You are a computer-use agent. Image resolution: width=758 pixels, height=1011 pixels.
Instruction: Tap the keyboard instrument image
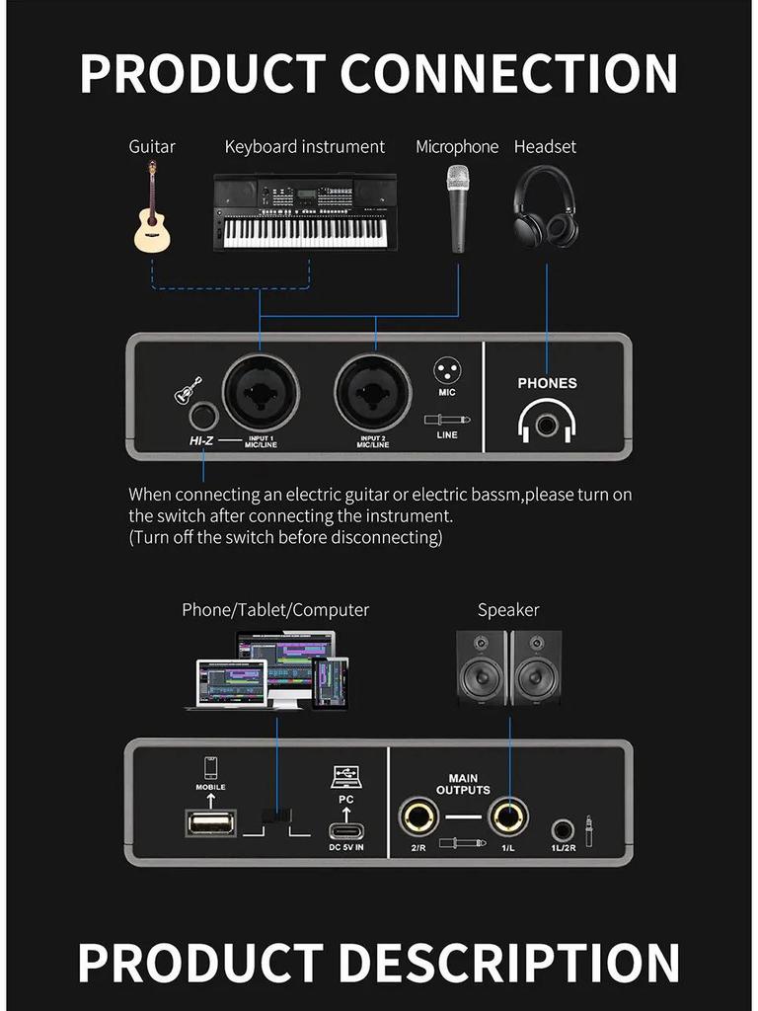point(305,212)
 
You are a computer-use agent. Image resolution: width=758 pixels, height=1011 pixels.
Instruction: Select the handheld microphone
point(458,208)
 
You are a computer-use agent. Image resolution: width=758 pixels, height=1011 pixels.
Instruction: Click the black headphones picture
point(545,205)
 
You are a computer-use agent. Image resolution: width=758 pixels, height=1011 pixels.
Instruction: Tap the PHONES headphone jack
point(547,424)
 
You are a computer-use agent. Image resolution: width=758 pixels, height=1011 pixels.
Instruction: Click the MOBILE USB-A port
point(210,823)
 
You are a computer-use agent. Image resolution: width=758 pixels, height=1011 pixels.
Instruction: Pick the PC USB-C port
point(346,830)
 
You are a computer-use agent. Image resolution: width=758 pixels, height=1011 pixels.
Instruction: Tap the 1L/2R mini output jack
point(564,829)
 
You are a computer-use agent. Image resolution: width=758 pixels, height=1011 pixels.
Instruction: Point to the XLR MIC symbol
point(447,371)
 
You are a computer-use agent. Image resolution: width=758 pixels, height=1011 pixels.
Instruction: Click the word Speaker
point(508,610)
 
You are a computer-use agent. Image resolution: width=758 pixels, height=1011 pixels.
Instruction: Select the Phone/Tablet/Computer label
point(275,610)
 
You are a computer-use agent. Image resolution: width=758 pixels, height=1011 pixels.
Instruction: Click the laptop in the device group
point(231,684)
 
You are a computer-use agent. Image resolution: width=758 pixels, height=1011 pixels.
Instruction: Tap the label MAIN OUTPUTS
point(463,784)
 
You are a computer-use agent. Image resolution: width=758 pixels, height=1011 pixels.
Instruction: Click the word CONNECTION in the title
point(508,73)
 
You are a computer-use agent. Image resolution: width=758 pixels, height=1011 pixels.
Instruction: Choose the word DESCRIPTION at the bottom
point(509,963)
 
